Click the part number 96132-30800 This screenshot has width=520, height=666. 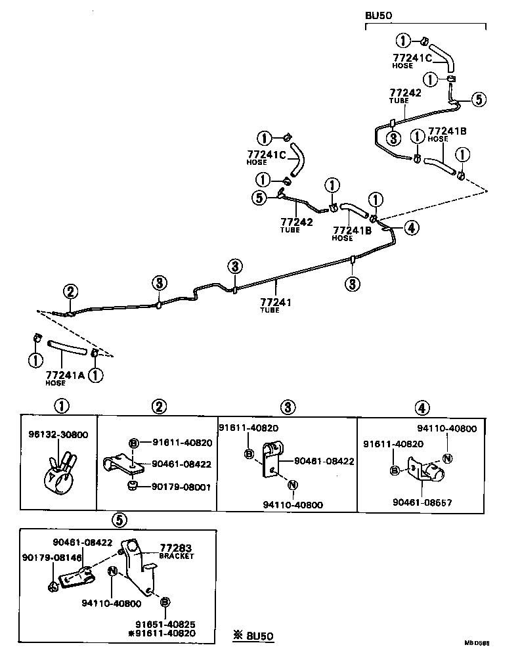(x=58, y=434)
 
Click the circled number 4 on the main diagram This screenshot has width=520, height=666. (x=411, y=228)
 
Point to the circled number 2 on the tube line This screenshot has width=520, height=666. (x=71, y=292)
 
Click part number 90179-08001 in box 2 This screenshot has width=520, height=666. (x=182, y=487)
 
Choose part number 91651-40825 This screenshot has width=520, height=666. (x=166, y=624)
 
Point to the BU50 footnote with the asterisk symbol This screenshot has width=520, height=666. (x=253, y=635)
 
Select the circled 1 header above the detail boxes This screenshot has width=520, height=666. (x=61, y=407)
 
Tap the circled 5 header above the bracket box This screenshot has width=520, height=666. (x=118, y=520)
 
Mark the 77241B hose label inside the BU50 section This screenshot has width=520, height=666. (x=447, y=131)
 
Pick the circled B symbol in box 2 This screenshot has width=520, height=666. (x=133, y=443)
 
